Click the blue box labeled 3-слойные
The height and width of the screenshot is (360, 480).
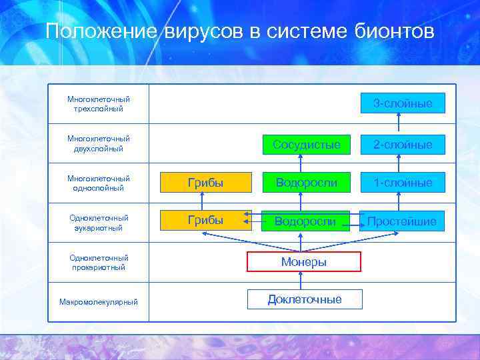click(x=402, y=103)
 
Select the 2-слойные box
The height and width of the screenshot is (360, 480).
click(x=402, y=144)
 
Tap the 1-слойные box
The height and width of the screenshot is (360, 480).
click(x=402, y=182)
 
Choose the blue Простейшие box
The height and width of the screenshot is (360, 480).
click(x=402, y=221)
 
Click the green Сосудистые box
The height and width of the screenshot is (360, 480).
click(x=306, y=144)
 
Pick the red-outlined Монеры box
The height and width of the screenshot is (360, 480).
click(x=304, y=262)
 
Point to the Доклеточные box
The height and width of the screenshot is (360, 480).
click(x=305, y=299)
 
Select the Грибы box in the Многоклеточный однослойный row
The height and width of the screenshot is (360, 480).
click(x=205, y=182)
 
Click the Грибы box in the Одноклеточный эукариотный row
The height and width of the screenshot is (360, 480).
click(x=205, y=220)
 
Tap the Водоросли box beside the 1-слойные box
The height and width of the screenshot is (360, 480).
click(x=306, y=182)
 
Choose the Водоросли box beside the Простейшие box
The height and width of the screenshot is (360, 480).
click(x=306, y=221)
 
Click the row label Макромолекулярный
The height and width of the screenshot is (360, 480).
click(x=99, y=302)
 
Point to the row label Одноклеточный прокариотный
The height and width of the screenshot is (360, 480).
click(x=99, y=262)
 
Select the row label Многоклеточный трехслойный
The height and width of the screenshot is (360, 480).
click(x=99, y=103)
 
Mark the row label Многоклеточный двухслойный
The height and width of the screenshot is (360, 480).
click(x=99, y=143)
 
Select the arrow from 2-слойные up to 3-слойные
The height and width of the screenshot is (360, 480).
click(x=399, y=123)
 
